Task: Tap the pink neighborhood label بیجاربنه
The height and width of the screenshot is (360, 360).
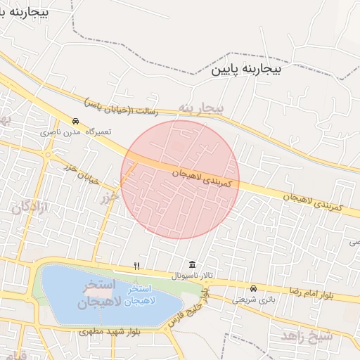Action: click(x=200, y=108)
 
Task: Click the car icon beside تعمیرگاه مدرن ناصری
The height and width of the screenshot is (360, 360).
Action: click(x=76, y=121)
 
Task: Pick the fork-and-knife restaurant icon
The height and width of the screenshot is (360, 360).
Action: click(x=137, y=266)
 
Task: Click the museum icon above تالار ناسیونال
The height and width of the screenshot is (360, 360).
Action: click(x=192, y=265)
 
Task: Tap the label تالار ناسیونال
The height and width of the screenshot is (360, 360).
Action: click(x=188, y=276)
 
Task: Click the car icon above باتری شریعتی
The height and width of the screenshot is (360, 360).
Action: click(x=253, y=288)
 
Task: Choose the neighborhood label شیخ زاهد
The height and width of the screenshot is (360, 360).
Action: click(x=307, y=335)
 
